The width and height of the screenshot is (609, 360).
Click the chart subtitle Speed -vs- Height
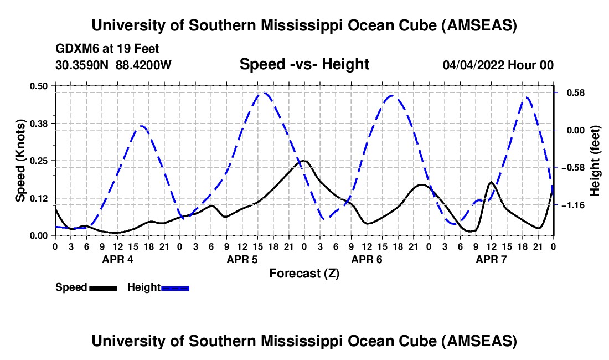(x=304, y=65)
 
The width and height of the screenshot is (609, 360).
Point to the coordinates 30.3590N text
(x=83, y=65)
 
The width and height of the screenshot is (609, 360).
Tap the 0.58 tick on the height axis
(x=570, y=92)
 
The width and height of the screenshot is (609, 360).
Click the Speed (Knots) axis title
(x=20, y=161)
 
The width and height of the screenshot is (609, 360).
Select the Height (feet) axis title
(x=595, y=161)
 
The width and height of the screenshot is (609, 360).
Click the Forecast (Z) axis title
(x=304, y=273)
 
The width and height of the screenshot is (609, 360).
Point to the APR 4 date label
(x=117, y=259)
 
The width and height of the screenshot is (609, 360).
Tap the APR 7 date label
(x=491, y=259)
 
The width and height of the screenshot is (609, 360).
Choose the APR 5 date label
(x=242, y=259)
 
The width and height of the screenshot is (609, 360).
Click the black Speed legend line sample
(x=102, y=287)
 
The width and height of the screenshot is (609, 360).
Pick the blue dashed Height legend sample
(x=175, y=287)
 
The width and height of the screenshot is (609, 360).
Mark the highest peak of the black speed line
(x=304, y=161)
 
